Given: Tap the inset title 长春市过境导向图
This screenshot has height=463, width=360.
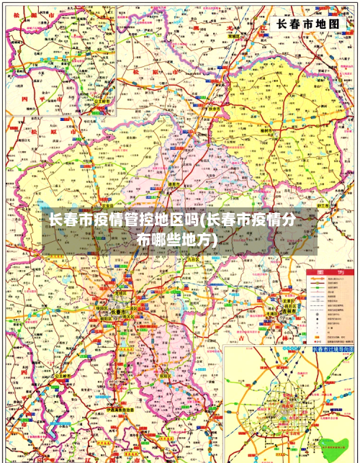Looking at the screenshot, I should (x=334, y=350).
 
